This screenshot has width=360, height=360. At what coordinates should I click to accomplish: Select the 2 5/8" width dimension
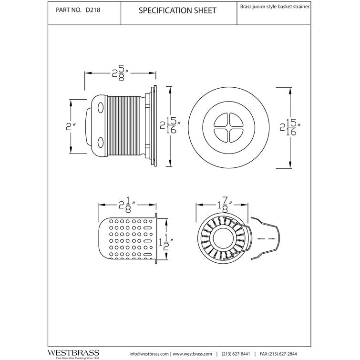click(x=119, y=74)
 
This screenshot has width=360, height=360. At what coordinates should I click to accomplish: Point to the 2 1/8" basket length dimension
click(x=127, y=206)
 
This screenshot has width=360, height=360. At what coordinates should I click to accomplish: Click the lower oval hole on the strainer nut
click(x=100, y=143)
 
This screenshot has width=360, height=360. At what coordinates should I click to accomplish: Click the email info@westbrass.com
click(x=149, y=353)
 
